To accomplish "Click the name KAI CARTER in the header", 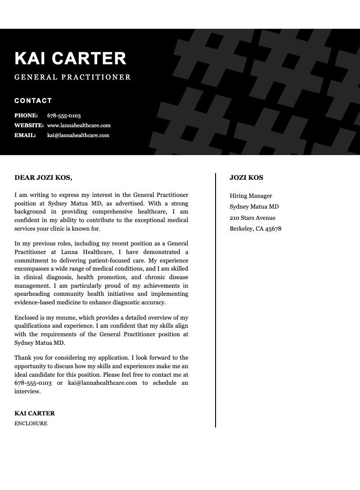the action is coord(70,59).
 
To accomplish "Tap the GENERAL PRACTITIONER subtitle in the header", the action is coord(72,77).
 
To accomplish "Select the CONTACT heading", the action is coord(33,101).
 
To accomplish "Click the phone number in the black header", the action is coord(64,116).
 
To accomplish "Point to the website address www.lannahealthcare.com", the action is coord(79,125).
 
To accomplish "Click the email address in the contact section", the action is coord(78,135).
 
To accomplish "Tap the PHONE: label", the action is coord(26,116).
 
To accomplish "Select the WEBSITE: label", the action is coord(29,125).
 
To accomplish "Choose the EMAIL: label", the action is coord(25,135).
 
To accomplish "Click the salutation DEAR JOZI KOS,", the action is coord(43,178).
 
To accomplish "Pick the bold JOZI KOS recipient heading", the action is coord(246,178).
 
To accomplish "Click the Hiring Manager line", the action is coord(251,196).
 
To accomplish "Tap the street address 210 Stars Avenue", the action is coord(252,218).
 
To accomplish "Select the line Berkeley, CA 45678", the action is coord(255,229).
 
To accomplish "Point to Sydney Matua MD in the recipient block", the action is coord(254,207).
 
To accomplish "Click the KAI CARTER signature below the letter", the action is coord(35,414).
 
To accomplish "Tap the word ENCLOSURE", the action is coord(31,423).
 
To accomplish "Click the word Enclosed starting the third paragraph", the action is coord(27,317).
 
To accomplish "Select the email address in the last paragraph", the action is coord(103,383).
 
